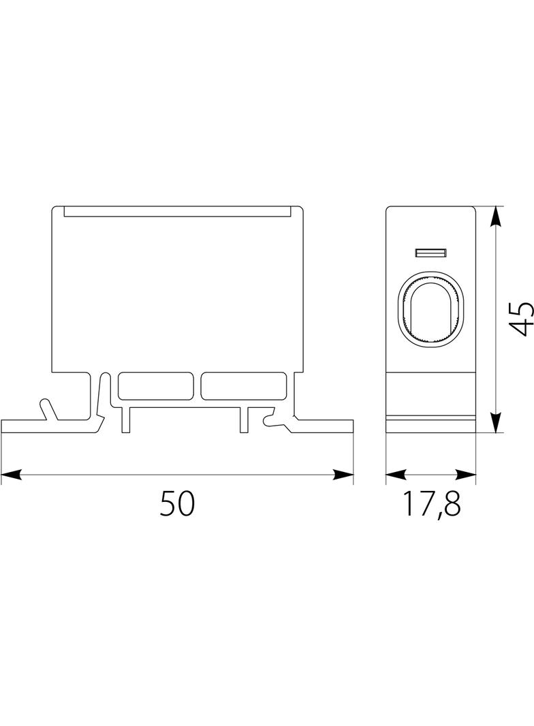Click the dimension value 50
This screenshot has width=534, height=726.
click(x=177, y=503)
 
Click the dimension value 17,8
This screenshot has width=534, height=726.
click(x=432, y=504)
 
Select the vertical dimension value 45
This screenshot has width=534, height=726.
click(x=521, y=319)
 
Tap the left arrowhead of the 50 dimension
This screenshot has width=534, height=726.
click(x=12, y=475)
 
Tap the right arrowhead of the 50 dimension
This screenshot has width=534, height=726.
click(x=343, y=475)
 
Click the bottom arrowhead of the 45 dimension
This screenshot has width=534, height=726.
click(x=496, y=422)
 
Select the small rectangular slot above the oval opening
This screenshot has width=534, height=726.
click(x=430, y=253)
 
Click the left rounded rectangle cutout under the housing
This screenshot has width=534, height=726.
click(x=155, y=385)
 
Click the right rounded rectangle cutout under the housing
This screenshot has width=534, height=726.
click(x=244, y=385)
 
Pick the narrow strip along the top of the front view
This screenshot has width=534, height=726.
click(x=177, y=211)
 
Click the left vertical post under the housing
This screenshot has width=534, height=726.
click(x=125, y=420)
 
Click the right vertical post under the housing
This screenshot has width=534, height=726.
click(x=244, y=420)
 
